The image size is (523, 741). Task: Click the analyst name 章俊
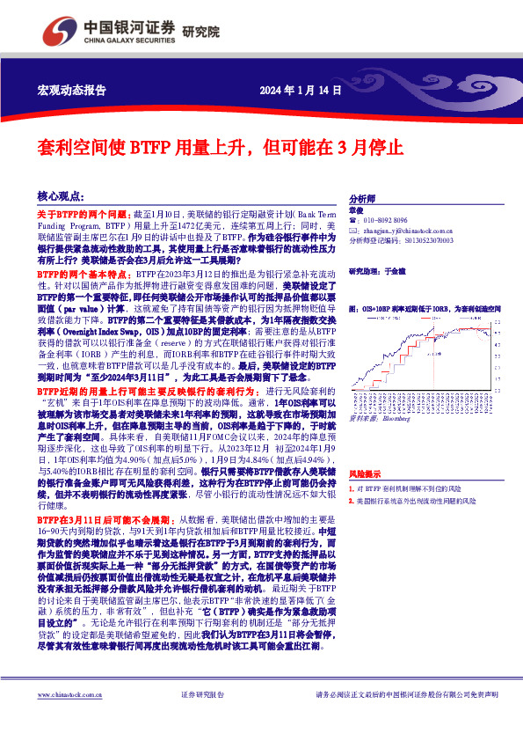click(355, 210)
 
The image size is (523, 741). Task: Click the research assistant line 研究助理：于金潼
click(378, 272)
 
